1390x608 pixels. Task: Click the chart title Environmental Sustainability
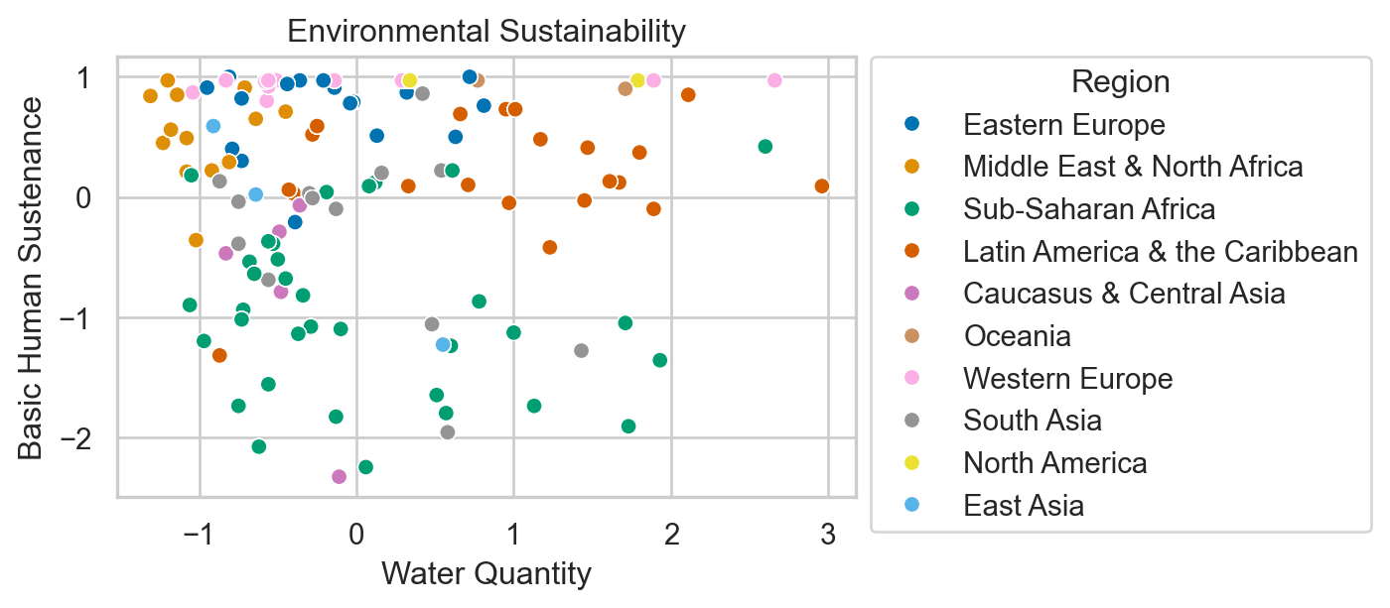coord(486,32)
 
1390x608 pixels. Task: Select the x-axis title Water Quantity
coord(486,573)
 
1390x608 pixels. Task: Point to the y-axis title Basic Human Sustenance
coord(32,278)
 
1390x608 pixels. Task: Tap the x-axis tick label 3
coord(827,535)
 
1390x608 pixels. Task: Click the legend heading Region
coord(1120,81)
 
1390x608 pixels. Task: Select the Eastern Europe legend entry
coord(1063,124)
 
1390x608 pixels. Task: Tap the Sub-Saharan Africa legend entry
coord(1088,209)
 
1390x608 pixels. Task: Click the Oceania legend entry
coord(1017,336)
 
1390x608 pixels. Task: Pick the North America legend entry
coord(1054,463)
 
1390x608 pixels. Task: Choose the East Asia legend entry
coord(1023,506)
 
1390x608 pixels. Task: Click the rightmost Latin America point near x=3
coord(821,186)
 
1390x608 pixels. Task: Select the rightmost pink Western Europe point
coord(774,80)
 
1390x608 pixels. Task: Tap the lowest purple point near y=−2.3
coord(339,477)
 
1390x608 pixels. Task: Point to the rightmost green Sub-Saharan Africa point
coord(764,147)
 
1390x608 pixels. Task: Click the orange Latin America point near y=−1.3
coord(219,355)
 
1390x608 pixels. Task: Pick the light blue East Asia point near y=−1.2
coord(443,345)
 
